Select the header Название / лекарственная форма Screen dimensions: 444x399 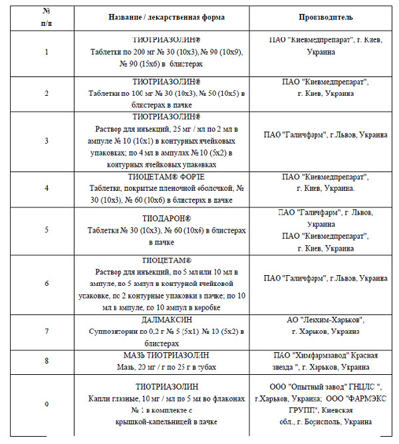pos(166,16)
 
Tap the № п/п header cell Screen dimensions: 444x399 pos(46,16)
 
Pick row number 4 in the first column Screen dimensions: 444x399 pos(46,187)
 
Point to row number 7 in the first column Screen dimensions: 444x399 pos(46,330)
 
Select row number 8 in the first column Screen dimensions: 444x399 pos(46,361)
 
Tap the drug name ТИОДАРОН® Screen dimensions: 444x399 pos(166,218)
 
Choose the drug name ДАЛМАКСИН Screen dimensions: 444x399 pos(166,320)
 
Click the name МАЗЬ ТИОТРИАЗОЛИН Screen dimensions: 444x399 pos(166,356)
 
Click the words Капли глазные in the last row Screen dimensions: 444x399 pos(114,398)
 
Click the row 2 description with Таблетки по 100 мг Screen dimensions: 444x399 pos(166,94)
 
